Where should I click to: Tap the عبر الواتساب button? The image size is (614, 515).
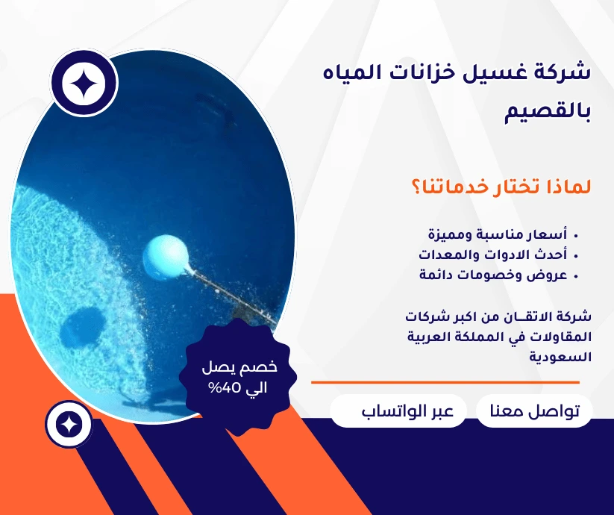(398, 412)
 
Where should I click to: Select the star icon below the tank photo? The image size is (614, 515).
(69, 425)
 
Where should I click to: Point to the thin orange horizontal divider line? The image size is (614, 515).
(445, 382)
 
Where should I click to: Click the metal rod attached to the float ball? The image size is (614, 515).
(231, 295)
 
